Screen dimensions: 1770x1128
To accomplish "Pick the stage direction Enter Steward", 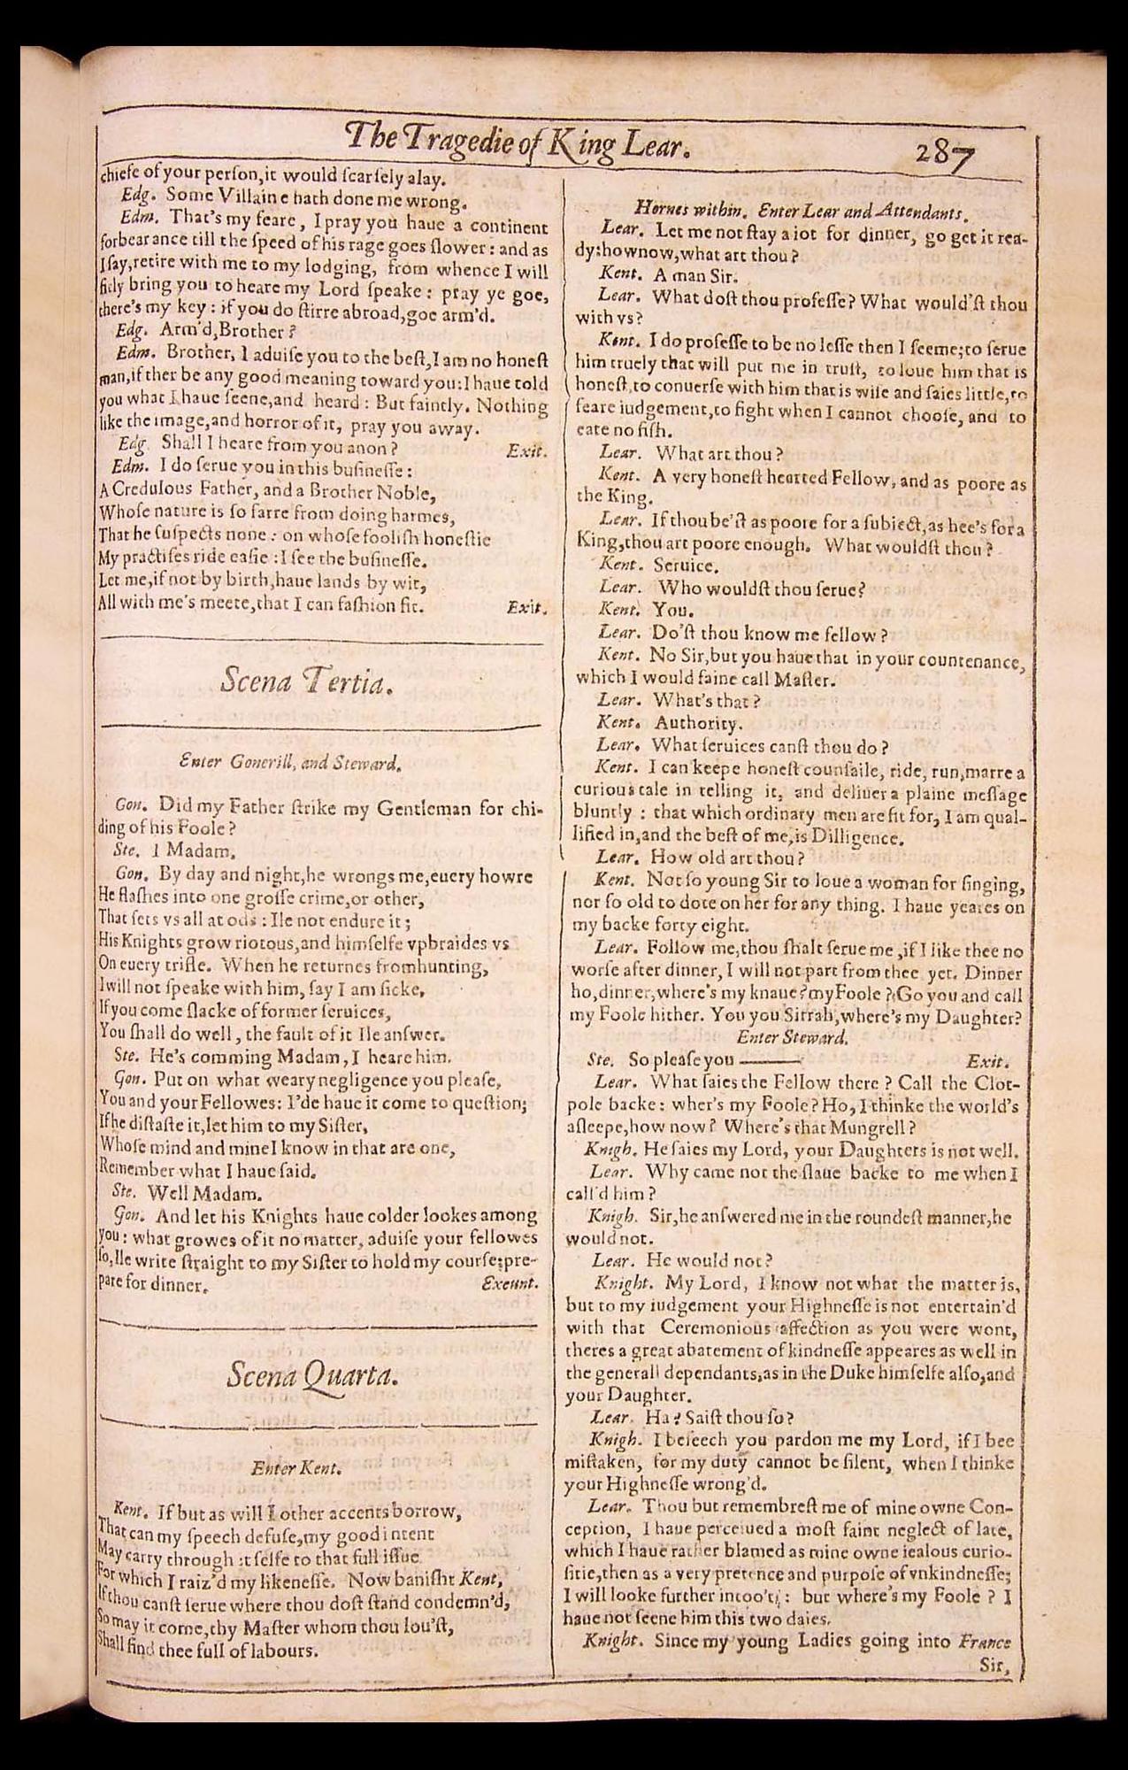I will pos(791,1038).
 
